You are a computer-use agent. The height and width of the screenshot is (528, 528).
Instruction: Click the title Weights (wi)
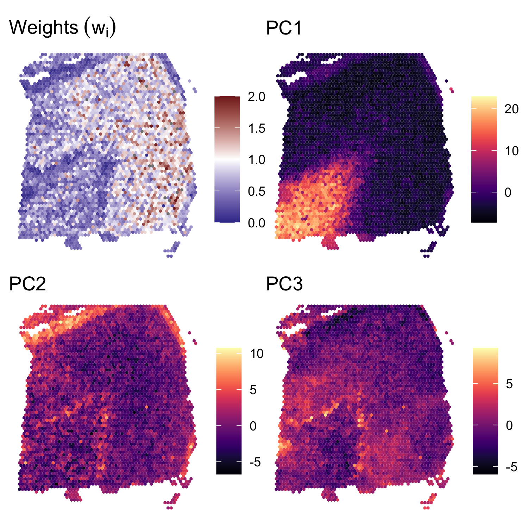coord(62,27)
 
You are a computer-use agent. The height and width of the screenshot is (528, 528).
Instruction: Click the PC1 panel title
coord(284,27)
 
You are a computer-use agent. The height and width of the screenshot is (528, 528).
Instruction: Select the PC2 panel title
coord(27,284)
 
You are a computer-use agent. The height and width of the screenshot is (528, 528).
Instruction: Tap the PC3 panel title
coord(284,284)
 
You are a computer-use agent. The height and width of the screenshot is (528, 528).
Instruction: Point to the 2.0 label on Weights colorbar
coord(256,96)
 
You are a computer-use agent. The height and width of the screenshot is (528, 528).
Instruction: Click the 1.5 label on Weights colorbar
coord(256,128)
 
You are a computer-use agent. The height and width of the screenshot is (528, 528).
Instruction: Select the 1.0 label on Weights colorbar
coord(256,160)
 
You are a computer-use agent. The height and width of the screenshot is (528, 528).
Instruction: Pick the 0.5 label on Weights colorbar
coord(256,191)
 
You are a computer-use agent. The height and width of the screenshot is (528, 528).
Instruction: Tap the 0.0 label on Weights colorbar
coord(256,223)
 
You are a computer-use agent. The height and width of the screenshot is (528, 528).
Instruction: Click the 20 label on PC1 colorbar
coord(511,109)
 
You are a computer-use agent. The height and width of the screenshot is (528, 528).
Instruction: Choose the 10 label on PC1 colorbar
coord(511,151)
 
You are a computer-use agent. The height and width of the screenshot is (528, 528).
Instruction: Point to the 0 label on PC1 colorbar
coord(508,192)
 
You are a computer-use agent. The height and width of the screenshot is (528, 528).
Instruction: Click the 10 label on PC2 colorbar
coord(257,354)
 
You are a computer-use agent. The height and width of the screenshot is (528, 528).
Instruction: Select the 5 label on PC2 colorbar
coord(253,390)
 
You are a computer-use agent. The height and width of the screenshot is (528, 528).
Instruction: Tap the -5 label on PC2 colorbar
coord(255,462)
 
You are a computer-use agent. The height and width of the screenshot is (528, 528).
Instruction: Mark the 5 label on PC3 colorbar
coord(509,384)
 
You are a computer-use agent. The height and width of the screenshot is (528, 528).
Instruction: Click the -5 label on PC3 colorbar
coord(511,467)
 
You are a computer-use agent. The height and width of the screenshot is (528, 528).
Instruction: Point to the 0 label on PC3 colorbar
coord(509,425)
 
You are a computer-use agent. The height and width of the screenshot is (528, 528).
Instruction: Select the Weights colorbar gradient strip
coord(227,159)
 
